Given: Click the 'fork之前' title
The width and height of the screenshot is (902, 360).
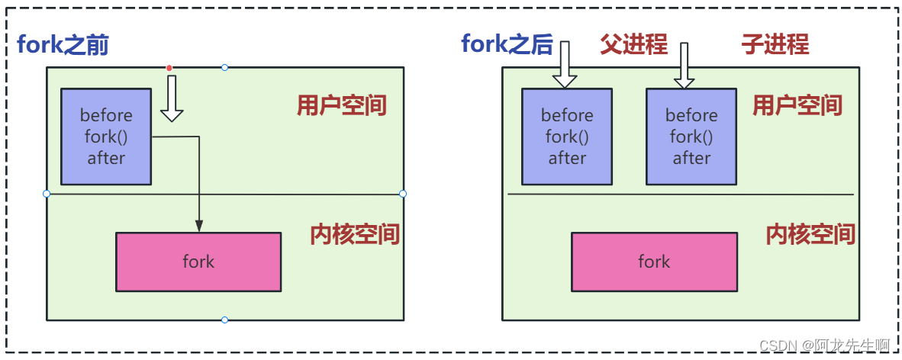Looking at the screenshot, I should click(63, 45).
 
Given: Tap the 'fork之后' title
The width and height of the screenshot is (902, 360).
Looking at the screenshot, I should click(507, 44).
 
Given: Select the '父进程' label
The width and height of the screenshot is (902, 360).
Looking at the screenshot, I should click(633, 44).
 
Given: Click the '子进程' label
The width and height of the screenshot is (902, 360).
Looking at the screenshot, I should click(775, 44).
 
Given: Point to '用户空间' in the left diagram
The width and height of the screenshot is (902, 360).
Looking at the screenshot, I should click(341, 105).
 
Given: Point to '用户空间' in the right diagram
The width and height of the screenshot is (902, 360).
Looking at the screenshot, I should click(797, 105).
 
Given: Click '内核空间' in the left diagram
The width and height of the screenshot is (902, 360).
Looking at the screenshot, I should click(355, 234).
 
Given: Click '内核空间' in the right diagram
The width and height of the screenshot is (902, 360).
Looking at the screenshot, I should click(810, 234).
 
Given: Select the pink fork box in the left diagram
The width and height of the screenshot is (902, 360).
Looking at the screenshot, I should click(198, 262).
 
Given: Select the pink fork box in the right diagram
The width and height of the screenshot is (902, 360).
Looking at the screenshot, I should click(654, 262).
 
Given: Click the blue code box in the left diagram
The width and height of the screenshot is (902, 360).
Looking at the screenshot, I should click(105, 137).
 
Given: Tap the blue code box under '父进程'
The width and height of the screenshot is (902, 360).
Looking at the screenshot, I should click(566, 137).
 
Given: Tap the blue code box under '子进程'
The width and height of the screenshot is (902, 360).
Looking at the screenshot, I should click(691, 137).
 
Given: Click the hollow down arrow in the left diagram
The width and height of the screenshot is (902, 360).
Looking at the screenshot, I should click(172, 98).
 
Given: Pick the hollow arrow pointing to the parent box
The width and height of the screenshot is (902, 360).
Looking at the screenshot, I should click(565, 65).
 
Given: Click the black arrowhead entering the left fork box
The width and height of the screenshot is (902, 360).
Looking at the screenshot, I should click(199, 226).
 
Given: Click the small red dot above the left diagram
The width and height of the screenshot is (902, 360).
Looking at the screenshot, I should click(169, 68).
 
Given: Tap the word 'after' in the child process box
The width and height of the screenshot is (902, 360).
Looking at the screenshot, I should click(691, 158).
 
